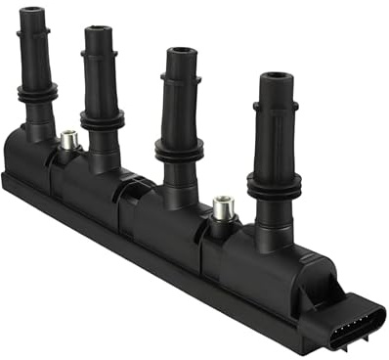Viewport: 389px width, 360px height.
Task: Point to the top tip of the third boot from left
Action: coord(179,52)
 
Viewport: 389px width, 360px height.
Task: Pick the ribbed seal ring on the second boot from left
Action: coord(101,118)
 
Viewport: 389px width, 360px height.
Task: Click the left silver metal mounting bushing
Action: coord(68,141)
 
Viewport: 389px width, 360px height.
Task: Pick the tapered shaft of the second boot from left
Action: coord(101,73)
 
